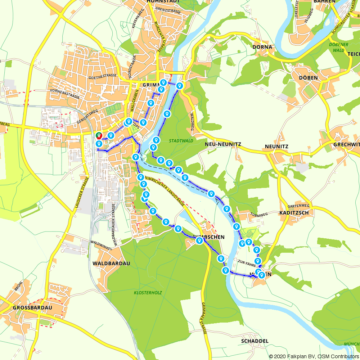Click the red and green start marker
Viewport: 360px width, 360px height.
coord(98,136)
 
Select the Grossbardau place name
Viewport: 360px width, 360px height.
coord(32,308)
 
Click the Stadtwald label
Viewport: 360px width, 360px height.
coord(181,141)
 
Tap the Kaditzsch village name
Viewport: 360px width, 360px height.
coord(294,213)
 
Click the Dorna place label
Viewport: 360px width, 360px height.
coord(262,47)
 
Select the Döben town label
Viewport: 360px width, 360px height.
coord(308,78)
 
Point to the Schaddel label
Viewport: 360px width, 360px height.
coord(255,341)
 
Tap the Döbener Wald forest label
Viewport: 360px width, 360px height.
coord(339,48)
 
